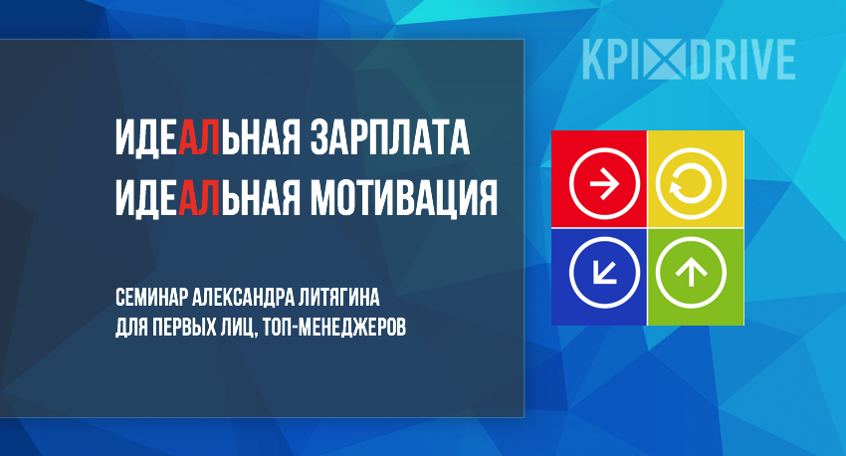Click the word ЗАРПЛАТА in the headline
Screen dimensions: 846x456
pyautogui.click(x=389, y=137)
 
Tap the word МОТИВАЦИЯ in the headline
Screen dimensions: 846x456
pyautogui.click(x=403, y=198)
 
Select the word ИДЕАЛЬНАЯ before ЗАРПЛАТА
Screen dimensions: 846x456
pyautogui.click(x=208, y=137)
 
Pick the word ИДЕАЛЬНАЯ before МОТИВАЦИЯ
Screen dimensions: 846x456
pyautogui.click(x=208, y=198)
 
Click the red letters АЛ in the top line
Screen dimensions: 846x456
pyautogui.click(x=199, y=137)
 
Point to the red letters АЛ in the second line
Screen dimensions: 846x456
pyautogui.click(x=199, y=198)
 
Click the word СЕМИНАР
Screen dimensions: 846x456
pyautogui.click(x=151, y=297)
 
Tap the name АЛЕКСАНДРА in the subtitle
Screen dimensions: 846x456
pyautogui.click(x=243, y=297)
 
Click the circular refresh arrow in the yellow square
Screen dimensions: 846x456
pyautogui.click(x=691, y=183)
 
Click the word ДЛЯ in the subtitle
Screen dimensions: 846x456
pyautogui.click(x=131, y=328)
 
